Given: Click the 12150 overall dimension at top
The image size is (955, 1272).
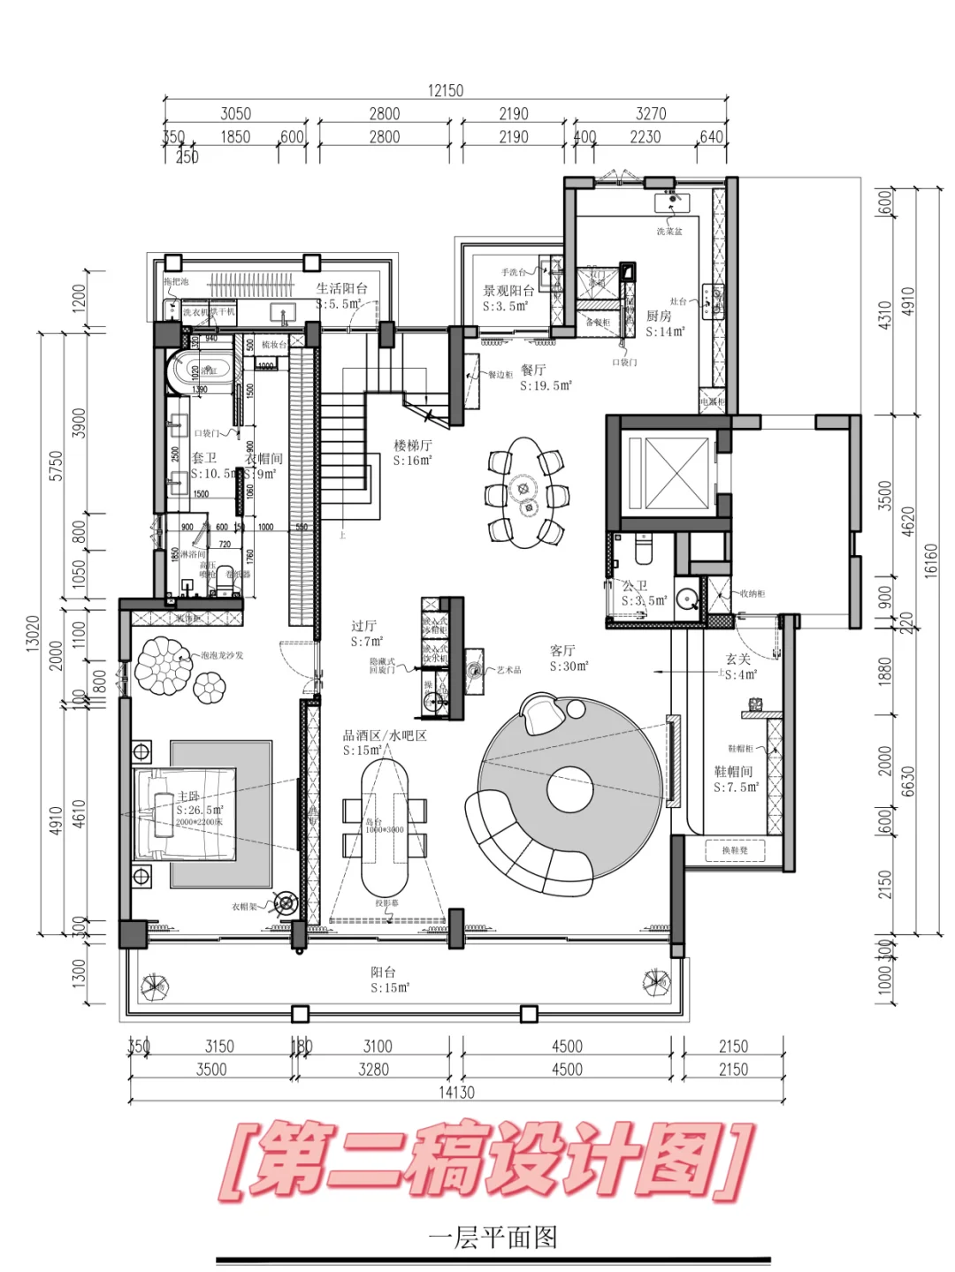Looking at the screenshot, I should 446,90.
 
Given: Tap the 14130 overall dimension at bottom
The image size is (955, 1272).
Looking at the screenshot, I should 456,1092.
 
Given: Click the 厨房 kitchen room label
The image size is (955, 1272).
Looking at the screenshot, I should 659,316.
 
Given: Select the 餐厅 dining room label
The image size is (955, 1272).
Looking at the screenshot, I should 533,369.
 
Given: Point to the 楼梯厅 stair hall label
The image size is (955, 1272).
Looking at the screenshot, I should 413,446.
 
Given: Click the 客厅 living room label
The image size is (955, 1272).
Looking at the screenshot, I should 563,651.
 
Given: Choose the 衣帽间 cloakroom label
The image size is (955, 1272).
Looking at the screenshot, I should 264,460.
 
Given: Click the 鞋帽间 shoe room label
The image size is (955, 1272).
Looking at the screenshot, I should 733,772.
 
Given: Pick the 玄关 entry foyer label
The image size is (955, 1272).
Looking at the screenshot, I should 738,659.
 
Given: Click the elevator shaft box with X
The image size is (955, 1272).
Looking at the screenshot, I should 677,474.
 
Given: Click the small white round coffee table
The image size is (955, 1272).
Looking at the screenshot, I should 569,789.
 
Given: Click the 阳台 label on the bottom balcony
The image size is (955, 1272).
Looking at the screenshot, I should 384,972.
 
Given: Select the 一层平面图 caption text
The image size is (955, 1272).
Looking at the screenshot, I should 493,1237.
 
